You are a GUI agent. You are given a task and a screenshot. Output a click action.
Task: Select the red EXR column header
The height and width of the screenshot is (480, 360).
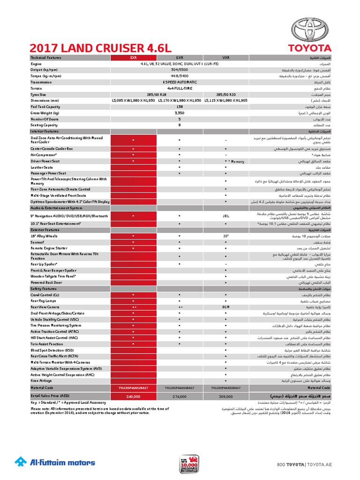click(x=133, y=58)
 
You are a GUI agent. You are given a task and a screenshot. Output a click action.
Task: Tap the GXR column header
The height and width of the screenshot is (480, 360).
click(x=180, y=58)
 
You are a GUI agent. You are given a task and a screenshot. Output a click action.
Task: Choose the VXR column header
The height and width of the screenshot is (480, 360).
click(x=225, y=58)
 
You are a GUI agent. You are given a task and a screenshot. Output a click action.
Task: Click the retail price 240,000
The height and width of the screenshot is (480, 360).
click(x=133, y=396)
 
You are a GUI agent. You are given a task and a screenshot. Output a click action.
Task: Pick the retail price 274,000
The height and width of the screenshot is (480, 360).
click(x=180, y=396)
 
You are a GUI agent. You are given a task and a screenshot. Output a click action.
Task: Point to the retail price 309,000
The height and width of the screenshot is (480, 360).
click(x=225, y=396)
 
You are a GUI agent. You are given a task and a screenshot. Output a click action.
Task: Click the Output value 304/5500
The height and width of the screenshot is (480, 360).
click(x=180, y=69)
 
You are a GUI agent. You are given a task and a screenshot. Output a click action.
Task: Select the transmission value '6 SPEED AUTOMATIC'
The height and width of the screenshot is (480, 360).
click(x=180, y=82)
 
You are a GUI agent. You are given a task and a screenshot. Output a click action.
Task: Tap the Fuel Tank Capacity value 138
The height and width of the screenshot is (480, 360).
click(x=180, y=106)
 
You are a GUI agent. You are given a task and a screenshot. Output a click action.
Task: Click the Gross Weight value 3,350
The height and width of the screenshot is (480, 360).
click(x=180, y=113)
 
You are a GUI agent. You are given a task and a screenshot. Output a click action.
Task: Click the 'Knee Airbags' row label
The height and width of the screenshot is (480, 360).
click(x=41, y=381)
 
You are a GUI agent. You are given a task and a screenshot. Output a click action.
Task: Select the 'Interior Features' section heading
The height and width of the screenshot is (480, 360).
click(x=45, y=132)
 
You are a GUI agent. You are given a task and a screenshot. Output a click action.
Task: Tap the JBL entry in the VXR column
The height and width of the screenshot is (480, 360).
click(x=225, y=216)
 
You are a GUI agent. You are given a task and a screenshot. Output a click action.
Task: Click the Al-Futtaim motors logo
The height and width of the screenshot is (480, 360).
click(x=55, y=462)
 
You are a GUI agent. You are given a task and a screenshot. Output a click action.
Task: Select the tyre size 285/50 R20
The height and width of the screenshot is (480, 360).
click(x=225, y=94)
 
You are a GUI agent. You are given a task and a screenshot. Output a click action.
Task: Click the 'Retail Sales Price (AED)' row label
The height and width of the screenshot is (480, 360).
click(x=50, y=396)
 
